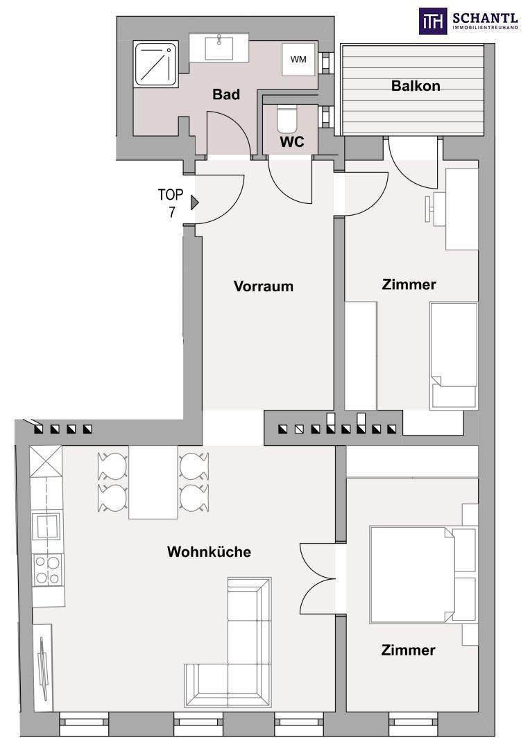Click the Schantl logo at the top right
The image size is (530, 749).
[469, 21]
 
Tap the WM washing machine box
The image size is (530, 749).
[298, 59]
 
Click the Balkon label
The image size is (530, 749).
[416, 87]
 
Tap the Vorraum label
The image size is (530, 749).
[264, 286]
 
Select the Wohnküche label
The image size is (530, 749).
[209, 552]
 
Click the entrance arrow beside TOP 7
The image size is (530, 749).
[195, 203]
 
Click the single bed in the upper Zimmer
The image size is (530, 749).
[454, 354]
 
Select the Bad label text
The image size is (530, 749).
[226, 95]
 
